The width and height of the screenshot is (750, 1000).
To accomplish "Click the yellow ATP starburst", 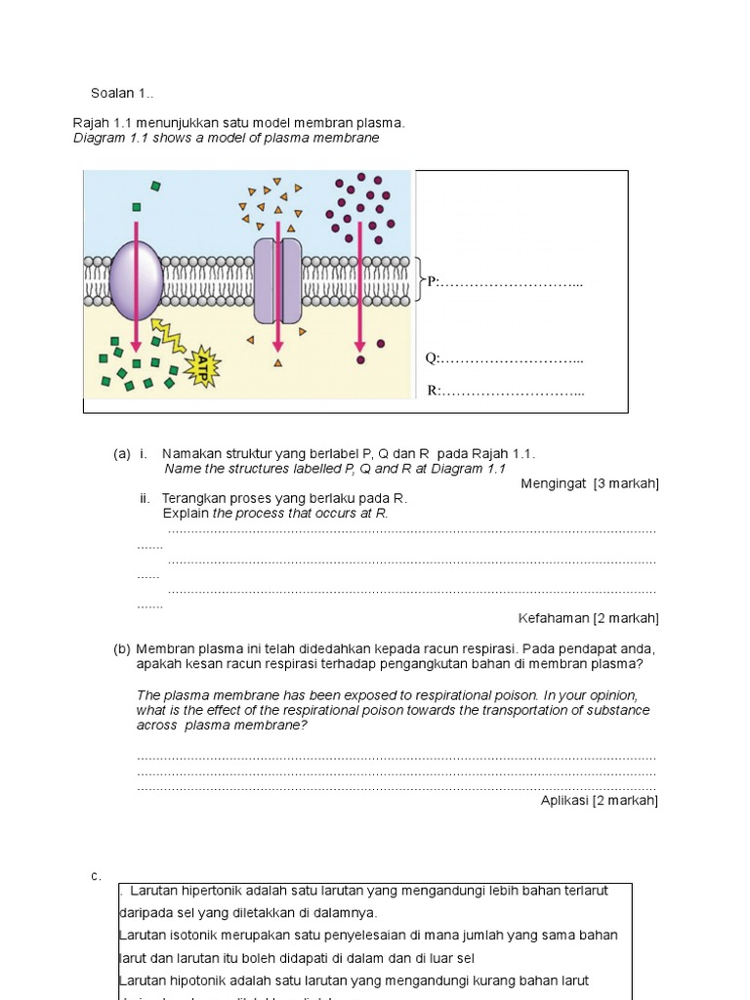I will pyautogui.click(x=206, y=366).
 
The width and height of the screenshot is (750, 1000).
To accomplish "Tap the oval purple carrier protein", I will pyautogui.click(x=136, y=281).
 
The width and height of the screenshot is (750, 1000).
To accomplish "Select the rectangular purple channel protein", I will pyautogui.click(x=278, y=280).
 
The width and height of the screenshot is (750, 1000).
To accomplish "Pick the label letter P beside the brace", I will pyautogui.click(x=432, y=282).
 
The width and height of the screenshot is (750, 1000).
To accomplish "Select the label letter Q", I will pyautogui.click(x=431, y=358).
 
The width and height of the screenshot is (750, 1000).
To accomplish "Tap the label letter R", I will pyautogui.click(x=433, y=391).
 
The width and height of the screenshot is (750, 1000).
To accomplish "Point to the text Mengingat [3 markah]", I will pyautogui.click(x=590, y=483).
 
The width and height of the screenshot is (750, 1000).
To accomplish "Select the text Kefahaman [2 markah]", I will pyautogui.click(x=588, y=618).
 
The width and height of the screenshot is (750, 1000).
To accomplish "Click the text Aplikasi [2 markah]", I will pyautogui.click(x=600, y=800).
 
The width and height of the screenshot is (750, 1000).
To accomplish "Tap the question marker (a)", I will pyautogui.click(x=122, y=454).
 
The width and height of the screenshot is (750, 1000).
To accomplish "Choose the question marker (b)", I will pyautogui.click(x=122, y=648).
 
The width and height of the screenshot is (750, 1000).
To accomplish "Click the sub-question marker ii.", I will pyautogui.click(x=145, y=498).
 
